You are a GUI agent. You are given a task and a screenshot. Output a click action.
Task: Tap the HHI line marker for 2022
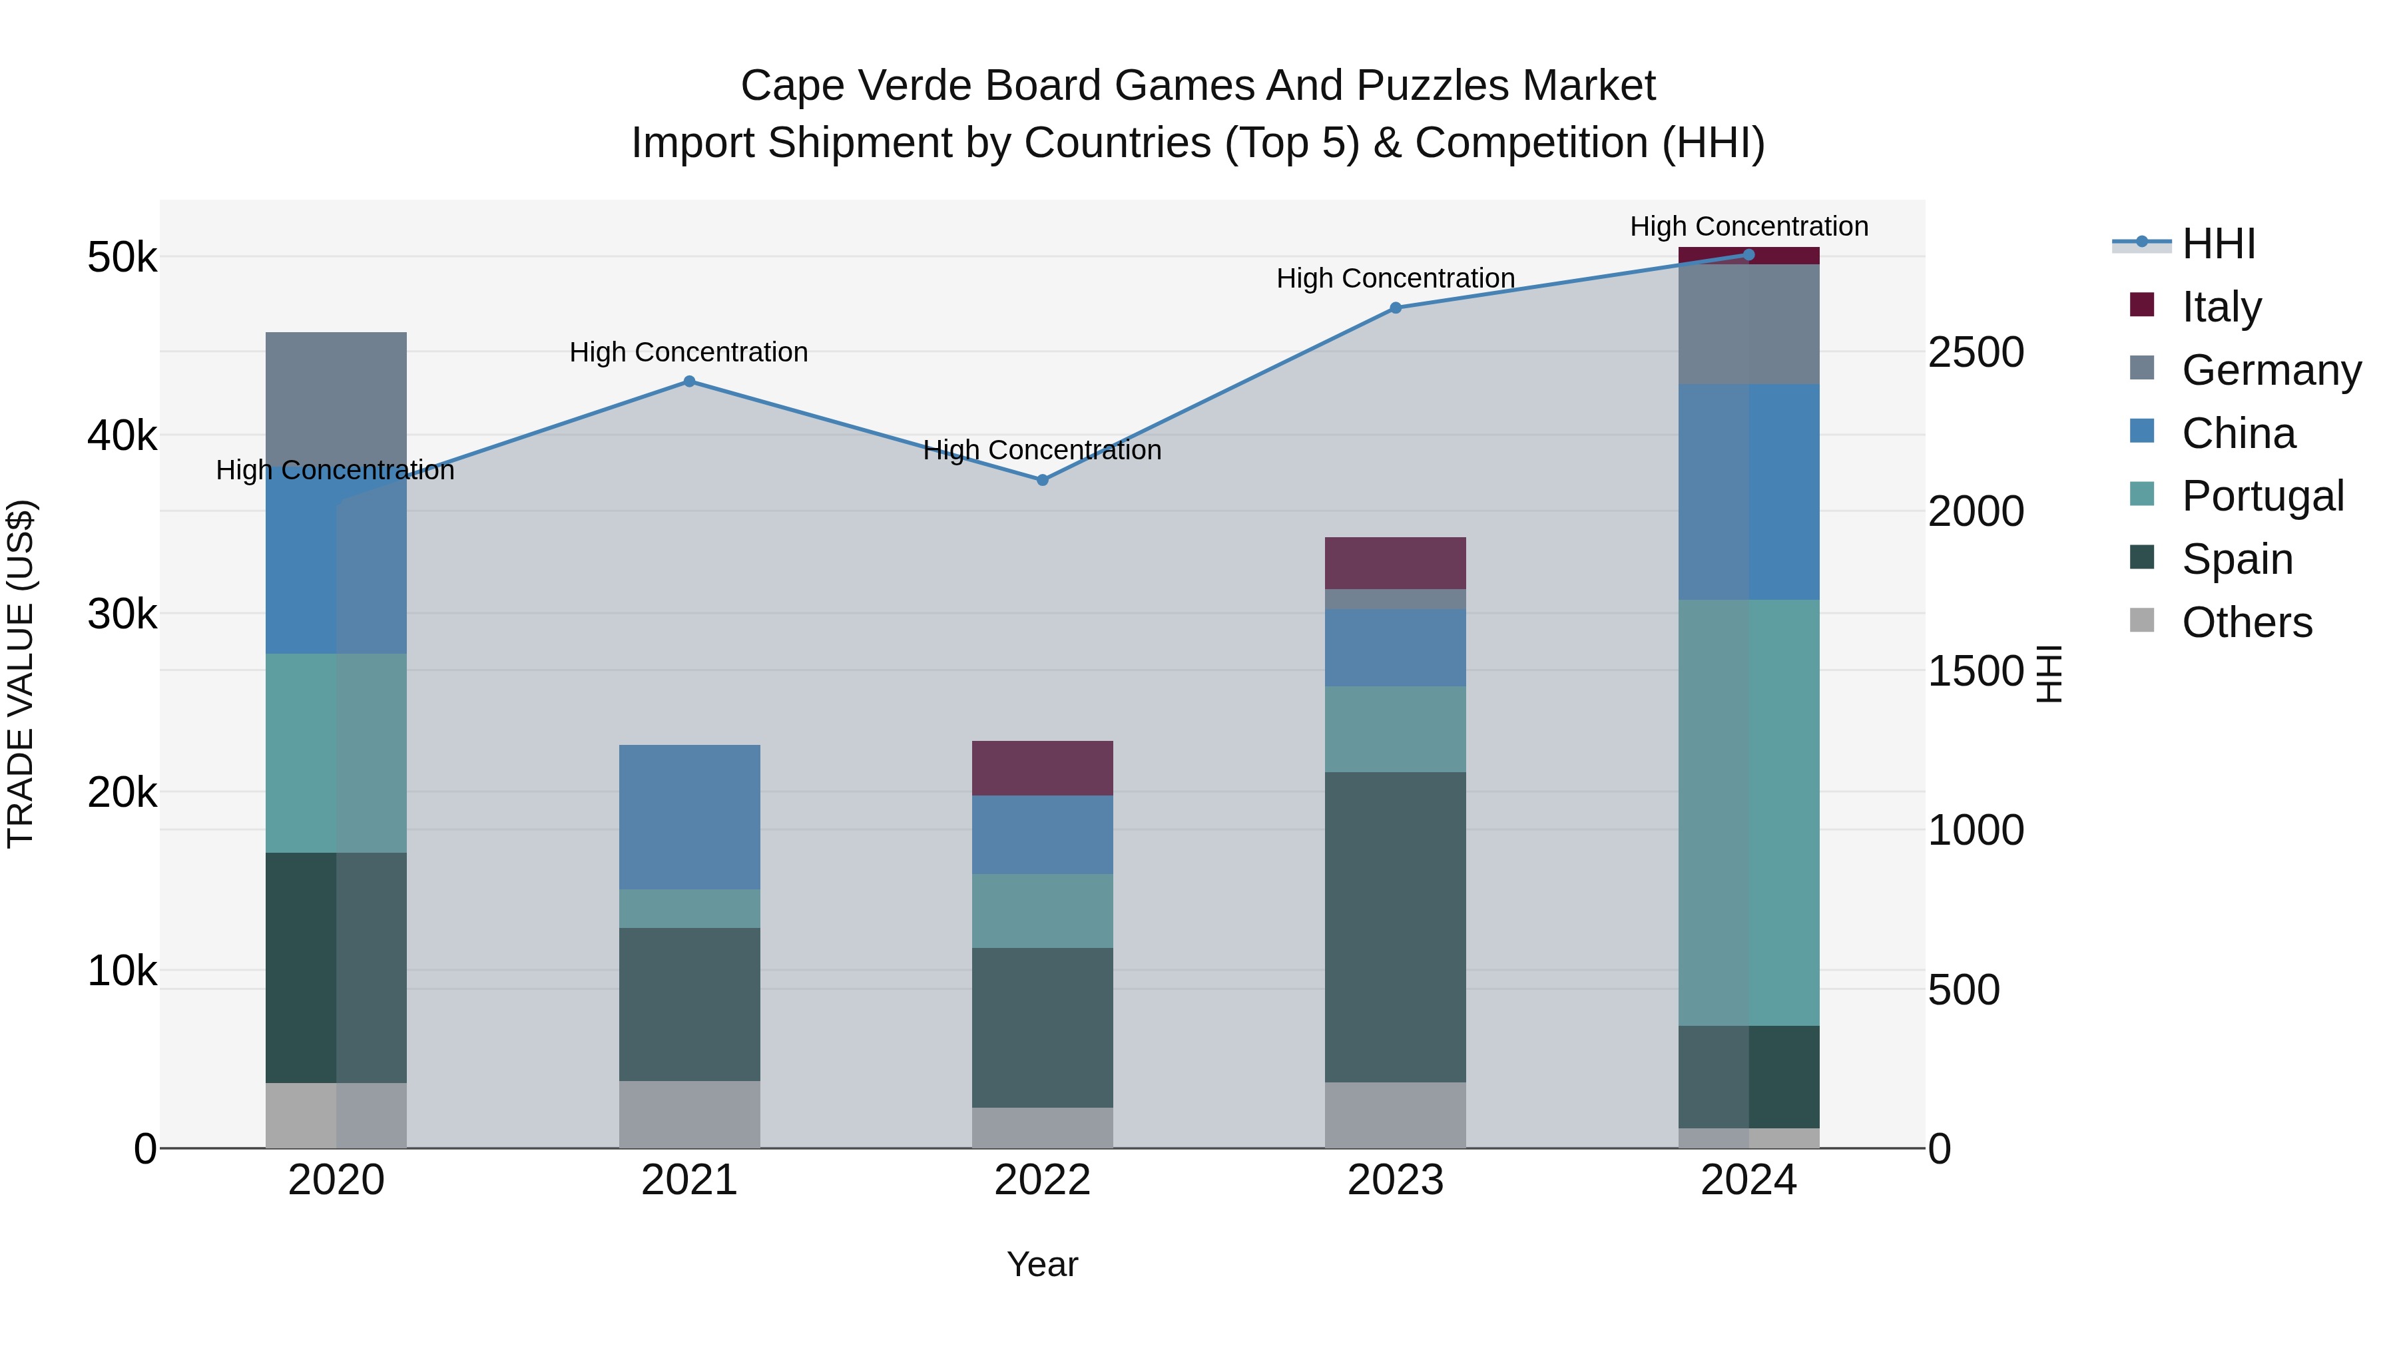pyautogui.click(x=1042, y=480)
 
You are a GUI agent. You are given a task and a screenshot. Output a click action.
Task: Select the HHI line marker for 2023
pyautogui.click(x=1395, y=308)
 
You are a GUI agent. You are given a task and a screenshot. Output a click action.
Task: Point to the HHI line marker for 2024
pyautogui.click(x=1748, y=255)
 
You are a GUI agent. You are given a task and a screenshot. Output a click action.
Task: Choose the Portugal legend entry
pyautogui.click(x=2261, y=496)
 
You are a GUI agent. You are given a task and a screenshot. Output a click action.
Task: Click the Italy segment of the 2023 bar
pyautogui.click(x=1395, y=562)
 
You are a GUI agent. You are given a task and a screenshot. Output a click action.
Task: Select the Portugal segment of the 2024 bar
pyautogui.click(x=1748, y=812)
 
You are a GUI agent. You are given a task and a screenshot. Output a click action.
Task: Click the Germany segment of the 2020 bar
pyautogui.click(x=336, y=395)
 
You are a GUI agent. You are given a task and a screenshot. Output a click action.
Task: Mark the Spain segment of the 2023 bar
pyautogui.click(x=1395, y=927)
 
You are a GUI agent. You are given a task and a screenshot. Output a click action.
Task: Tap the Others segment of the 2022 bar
pyautogui.click(x=1042, y=1128)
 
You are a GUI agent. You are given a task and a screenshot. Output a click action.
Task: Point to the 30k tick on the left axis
pyautogui.click(x=122, y=614)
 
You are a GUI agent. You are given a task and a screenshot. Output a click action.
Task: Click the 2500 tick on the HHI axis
pyautogui.click(x=1975, y=353)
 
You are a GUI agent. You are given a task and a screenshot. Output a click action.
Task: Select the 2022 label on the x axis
pyautogui.click(x=1042, y=1180)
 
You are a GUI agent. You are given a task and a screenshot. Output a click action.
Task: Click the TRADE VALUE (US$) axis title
pyautogui.click(x=21, y=674)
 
